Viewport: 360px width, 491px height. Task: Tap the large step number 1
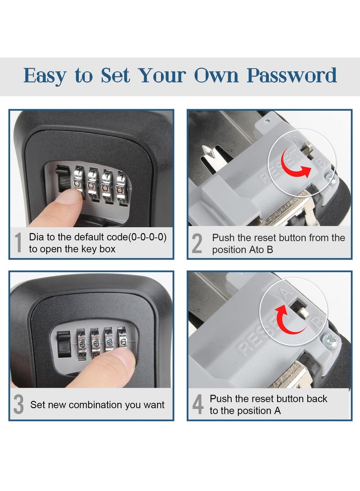click(x=18, y=243)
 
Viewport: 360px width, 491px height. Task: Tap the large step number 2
click(x=197, y=243)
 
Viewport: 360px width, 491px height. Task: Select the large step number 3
click(x=18, y=404)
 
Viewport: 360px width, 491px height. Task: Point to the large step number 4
click(x=198, y=404)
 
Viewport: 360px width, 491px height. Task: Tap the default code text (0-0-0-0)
click(x=147, y=237)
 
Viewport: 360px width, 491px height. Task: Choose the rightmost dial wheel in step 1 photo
click(x=121, y=185)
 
